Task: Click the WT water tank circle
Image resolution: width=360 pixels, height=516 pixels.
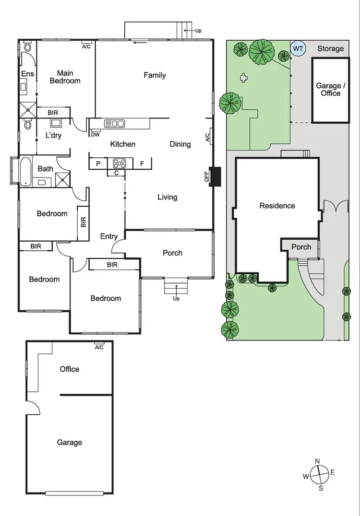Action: coord(298,49)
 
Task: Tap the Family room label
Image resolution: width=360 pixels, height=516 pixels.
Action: coord(155,75)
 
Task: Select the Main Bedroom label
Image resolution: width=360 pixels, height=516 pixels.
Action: coord(65,77)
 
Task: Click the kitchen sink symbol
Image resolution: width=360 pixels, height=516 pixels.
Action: coord(114,124)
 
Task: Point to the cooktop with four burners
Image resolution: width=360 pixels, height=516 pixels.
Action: coord(118,163)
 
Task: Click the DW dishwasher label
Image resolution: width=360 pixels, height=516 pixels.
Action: coord(95,135)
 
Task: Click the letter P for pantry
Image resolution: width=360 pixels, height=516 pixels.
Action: coord(98,164)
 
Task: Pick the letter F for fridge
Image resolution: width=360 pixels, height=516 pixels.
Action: coord(142,164)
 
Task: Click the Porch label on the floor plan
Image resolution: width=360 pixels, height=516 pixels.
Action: coord(172,253)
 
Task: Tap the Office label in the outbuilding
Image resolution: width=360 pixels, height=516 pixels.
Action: coord(70,369)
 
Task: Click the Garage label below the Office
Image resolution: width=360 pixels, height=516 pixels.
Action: coord(70,443)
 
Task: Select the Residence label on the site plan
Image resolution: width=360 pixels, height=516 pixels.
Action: coord(277,206)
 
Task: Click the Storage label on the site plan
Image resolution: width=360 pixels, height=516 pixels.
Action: coord(330,48)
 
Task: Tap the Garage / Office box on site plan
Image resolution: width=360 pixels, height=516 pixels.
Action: coord(330,90)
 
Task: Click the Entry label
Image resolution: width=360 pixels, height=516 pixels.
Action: coord(109,236)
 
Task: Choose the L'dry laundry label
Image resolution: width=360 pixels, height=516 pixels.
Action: coord(53,135)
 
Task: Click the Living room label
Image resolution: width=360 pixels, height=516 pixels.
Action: coord(167,197)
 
